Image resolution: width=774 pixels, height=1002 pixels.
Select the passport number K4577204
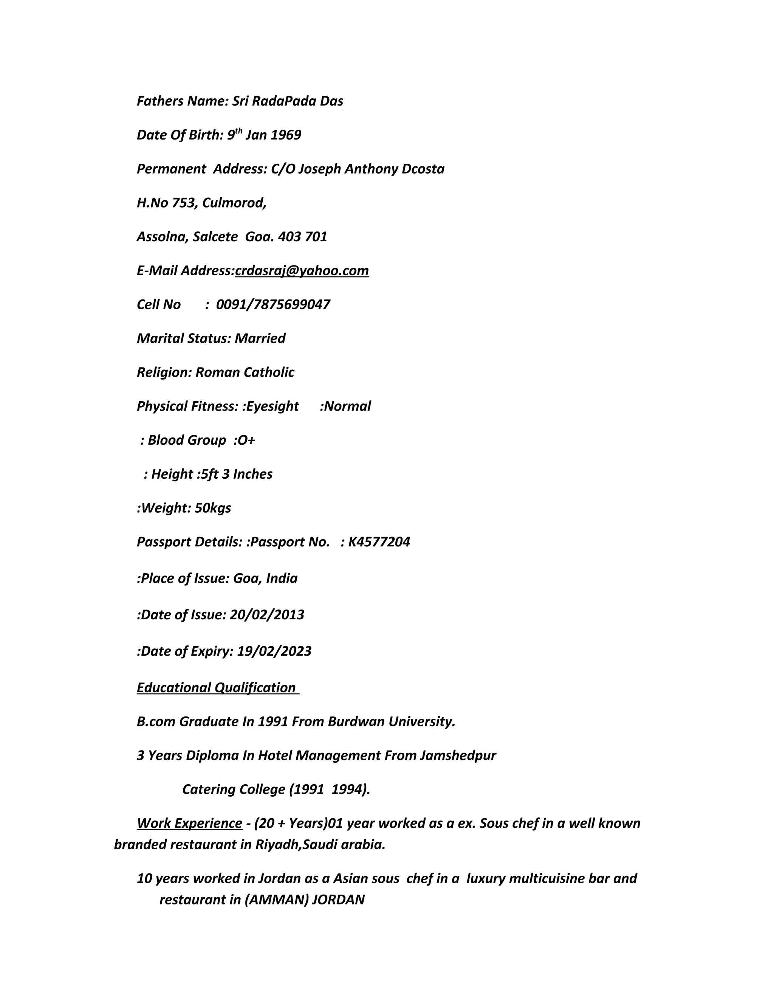click(379, 542)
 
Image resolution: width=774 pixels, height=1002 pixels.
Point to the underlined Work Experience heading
click(189, 823)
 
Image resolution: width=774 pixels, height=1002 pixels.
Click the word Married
click(260, 338)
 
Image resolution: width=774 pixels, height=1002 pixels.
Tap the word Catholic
click(269, 372)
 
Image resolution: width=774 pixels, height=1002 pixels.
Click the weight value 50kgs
click(213, 508)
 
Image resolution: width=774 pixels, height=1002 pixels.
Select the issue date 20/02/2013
click(267, 615)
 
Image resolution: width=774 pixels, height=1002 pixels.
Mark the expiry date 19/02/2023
click(274, 651)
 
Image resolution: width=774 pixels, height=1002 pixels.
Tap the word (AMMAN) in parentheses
click(277, 900)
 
